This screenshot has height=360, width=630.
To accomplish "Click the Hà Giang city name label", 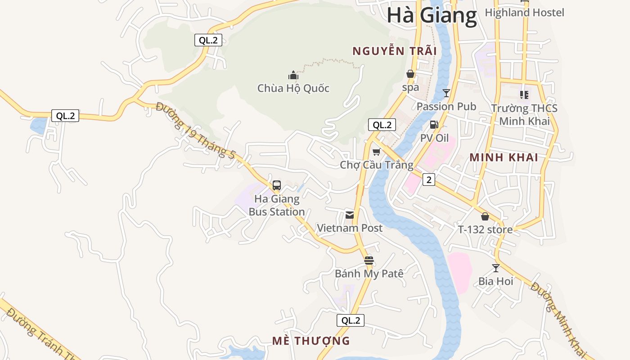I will (x=432, y=15).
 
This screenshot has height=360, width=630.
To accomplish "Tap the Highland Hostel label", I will (x=524, y=13).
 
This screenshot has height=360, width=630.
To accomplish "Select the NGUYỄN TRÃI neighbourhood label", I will (x=395, y=51).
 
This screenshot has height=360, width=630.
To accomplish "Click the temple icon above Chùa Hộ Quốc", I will (x=293, y=75).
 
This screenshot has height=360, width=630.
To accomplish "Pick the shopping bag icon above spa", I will (x=410, y=73).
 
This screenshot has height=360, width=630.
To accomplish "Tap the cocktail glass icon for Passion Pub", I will (x=446, y=93).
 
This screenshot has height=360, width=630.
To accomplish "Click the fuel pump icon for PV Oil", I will (x=434, y=125).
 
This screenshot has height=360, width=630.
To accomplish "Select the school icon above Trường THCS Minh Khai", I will (x=524, y=95).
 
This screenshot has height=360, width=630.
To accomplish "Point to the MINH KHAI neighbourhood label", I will (x=504, y=157).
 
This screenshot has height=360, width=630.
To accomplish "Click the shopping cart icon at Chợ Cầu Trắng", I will (x=377, y=152).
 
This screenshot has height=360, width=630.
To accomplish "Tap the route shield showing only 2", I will (x=429, y=180).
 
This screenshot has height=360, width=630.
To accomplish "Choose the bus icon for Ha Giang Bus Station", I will (x=277, y=185).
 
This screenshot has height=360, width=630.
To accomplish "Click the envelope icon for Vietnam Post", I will (x=350, y=215).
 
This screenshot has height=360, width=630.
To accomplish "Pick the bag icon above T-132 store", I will (x=485, y=216).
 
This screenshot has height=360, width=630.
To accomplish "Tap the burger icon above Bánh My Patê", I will (x=369, y=260).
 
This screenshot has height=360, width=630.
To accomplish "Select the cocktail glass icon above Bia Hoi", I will (x=496, y=268).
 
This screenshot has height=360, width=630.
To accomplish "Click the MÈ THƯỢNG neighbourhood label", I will (x=311, y=341).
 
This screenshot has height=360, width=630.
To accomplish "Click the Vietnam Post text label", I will (x=350, y=228).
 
